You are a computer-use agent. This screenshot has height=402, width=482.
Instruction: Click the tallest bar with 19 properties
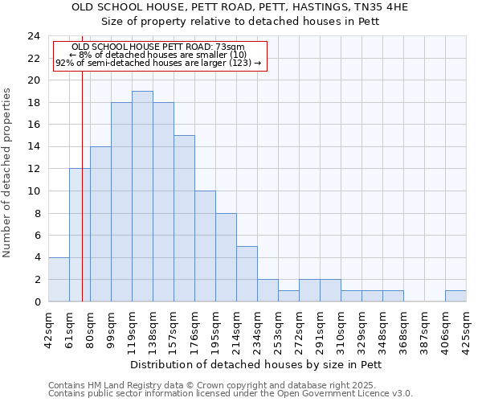point(142,196)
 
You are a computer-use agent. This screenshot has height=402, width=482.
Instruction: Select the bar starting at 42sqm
point(59,279)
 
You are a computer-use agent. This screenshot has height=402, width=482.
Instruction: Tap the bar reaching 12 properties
point(80,235)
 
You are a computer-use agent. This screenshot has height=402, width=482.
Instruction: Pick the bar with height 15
point(184,218)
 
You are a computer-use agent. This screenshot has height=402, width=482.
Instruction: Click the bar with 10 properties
point(205,246)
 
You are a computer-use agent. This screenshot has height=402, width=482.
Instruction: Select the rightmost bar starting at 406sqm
point(455,296)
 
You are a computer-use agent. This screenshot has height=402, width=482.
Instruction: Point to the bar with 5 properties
point(247,273)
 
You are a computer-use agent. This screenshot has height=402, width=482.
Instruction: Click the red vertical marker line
point(82,201)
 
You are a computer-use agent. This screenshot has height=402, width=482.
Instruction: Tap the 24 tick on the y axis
point(34,36)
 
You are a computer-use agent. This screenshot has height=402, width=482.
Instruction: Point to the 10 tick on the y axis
point(34,191)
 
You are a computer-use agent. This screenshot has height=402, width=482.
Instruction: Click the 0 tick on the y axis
point(36,301)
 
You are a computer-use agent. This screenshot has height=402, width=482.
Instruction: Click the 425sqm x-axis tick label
point(467,326)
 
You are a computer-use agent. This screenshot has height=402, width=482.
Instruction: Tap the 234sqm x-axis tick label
point(258,326)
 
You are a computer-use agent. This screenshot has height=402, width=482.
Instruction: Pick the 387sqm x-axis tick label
point(425,326)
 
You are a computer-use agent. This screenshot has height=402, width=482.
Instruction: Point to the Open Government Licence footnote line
point(231,394)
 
